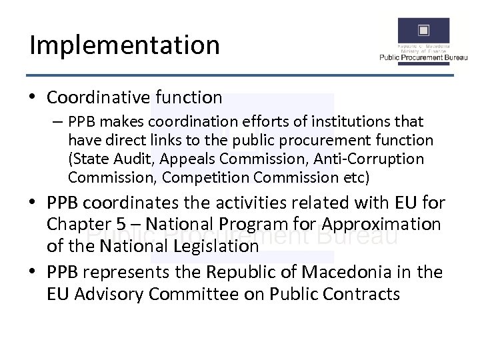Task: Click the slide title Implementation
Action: (125, 45)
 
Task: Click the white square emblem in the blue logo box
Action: (423, 30)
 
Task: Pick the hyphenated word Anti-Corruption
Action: (359, 159)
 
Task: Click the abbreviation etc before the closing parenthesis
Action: (353, 178)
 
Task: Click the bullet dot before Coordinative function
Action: (32, 97)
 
